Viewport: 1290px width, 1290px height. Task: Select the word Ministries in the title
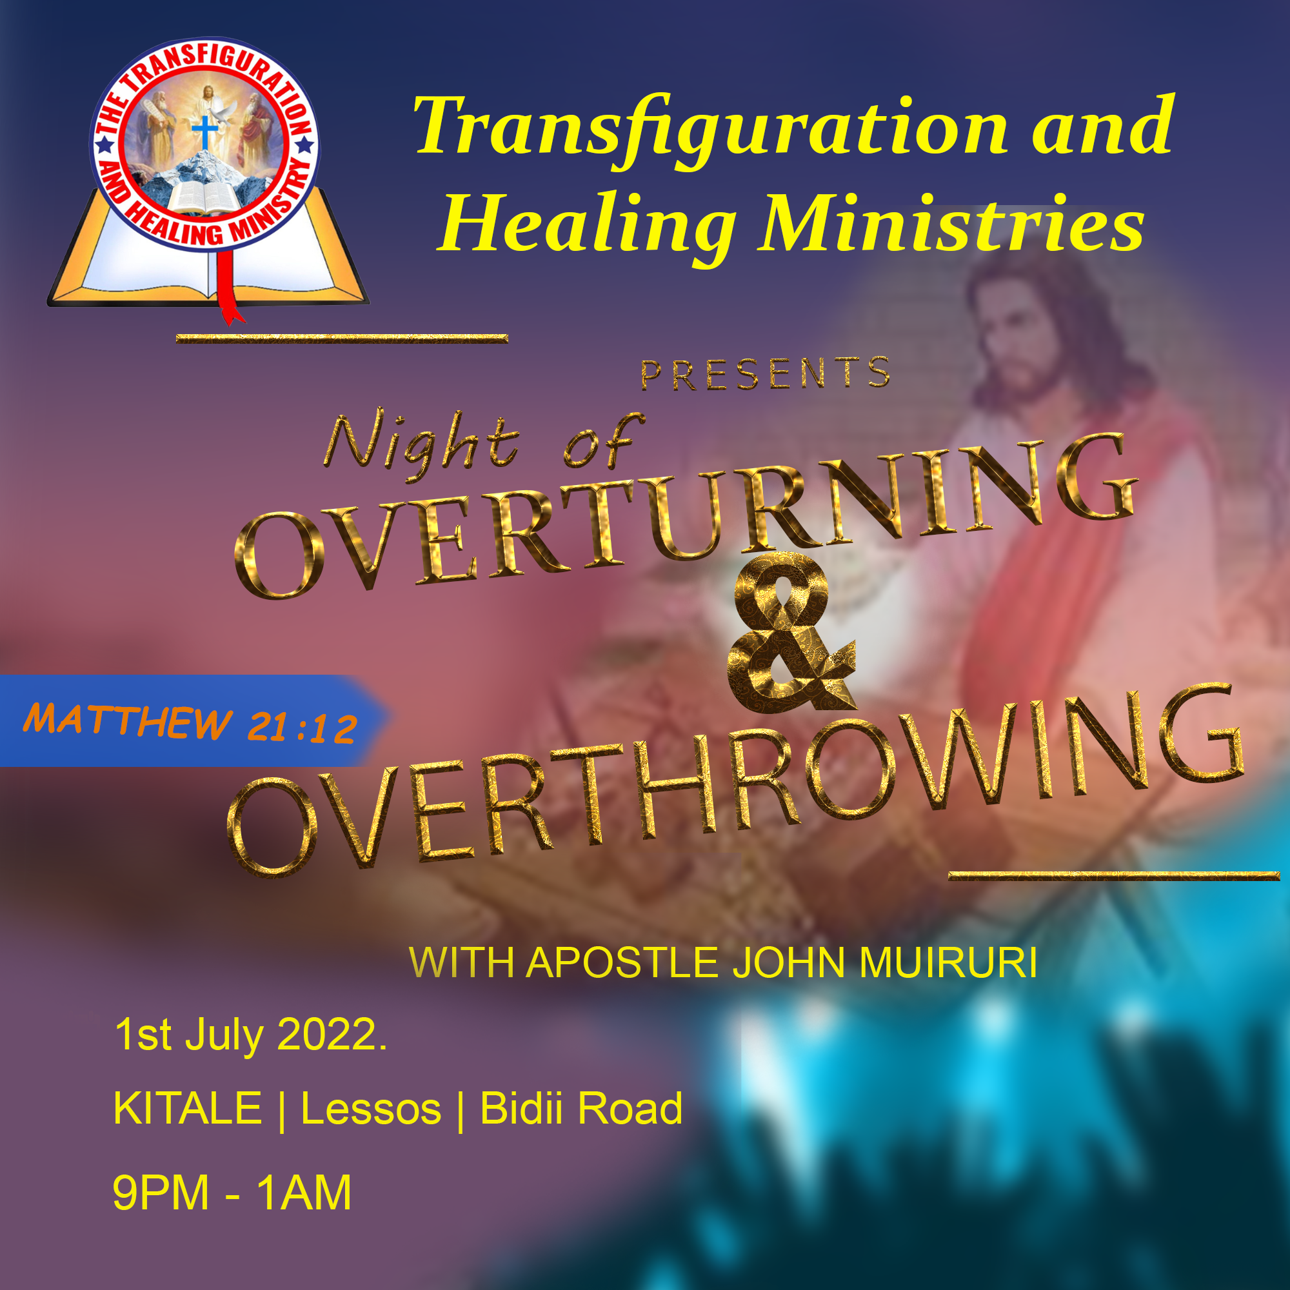point(951,223)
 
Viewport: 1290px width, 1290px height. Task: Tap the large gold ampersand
point(791,631)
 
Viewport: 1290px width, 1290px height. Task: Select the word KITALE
point(188,1108)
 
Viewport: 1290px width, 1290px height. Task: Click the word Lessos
point(372,1109)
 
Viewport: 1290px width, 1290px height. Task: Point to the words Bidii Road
point(582,1108)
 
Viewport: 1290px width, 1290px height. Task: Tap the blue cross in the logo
point(204,132)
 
